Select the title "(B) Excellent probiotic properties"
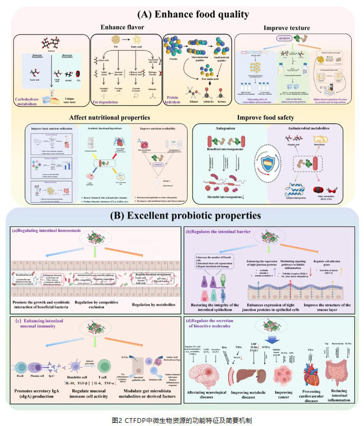tap(181, 215)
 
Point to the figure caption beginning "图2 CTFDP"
tap(182, 420)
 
